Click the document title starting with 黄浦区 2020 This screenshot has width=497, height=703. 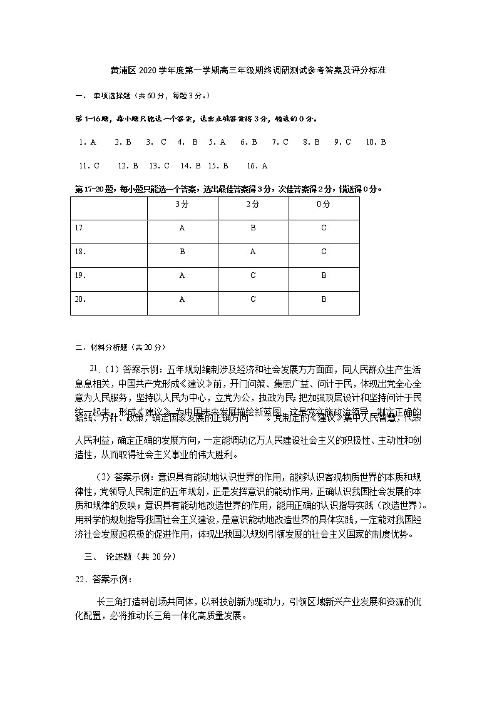point(248,71)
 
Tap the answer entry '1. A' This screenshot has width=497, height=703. point(88,142)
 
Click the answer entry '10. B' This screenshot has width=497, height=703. point(376,142)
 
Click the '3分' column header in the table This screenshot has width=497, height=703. point(182,205)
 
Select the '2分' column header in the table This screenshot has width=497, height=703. point(253,205)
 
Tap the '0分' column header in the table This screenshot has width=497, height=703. point(324,205)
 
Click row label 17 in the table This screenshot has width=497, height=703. point(78,228)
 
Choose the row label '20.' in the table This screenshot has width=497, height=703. point(80,300)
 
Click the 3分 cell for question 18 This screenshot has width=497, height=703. point(182,252)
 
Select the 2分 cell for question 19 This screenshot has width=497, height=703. point(253,276)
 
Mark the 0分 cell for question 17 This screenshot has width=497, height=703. point(324,228)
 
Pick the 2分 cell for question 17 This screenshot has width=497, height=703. point(253,228)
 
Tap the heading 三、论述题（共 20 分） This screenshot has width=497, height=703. point(130,557)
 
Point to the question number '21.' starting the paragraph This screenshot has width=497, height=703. point(95,369)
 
